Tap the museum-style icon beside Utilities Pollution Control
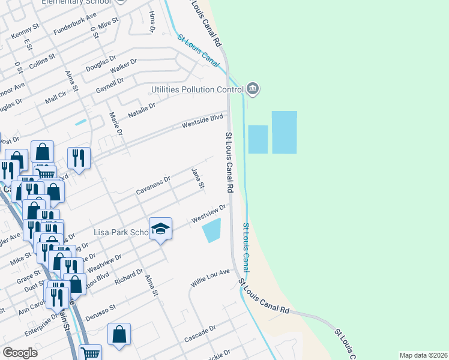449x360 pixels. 253,89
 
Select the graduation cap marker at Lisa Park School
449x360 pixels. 160,229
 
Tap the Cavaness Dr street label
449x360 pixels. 153,185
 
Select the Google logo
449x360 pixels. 20,352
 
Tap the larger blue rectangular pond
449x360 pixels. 284,132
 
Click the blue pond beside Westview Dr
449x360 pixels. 211,230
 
